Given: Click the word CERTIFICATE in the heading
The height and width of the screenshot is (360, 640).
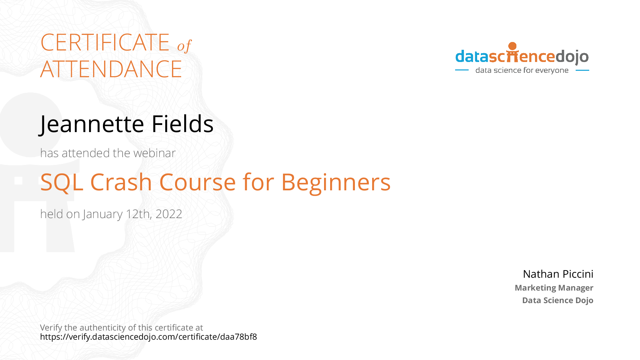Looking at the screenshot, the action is pos(105,43).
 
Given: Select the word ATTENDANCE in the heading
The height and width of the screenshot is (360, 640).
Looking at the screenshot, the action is pos(111,69).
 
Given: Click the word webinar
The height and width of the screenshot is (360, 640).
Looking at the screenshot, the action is pos(154,153).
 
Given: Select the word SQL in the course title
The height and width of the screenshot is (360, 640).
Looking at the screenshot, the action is pos(62,183).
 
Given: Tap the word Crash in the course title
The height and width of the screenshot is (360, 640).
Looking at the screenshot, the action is pos(121,182).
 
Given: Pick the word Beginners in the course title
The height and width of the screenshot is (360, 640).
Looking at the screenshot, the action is pos(336,183).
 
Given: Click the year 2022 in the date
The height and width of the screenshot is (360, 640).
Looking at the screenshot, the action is pos(169,214).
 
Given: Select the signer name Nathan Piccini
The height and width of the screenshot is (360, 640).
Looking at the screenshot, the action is pos(558,274).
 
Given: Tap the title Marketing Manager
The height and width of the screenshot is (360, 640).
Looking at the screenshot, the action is pos(554,288).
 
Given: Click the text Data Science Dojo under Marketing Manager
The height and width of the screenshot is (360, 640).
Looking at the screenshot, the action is pos(558,300).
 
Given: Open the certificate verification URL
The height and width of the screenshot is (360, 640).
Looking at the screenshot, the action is pos(148,337).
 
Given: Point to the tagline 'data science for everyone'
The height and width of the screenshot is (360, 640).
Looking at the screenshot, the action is pos(522,70).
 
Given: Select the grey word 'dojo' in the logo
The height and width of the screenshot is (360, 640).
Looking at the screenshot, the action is pos(572,57).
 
